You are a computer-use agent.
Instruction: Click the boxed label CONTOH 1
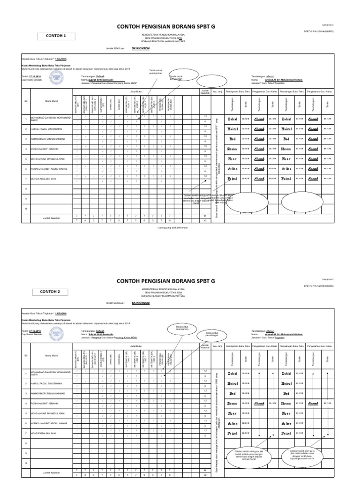55,36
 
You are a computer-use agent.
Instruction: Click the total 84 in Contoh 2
205,470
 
